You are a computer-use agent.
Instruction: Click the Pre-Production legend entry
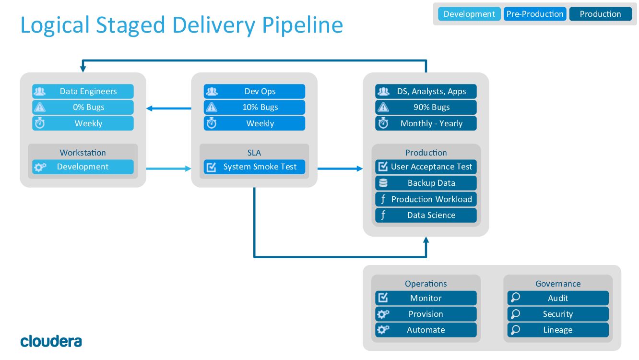coord(535,14)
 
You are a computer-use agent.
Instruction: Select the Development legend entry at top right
coord(469,14)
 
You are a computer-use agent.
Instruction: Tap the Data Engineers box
coord(83,91)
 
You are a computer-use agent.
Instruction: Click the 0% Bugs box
coord(83,107)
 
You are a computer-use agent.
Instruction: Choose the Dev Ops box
coord(254,91)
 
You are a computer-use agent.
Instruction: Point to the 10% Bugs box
coord(254,107)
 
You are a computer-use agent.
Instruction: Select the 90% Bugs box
coord(426,107)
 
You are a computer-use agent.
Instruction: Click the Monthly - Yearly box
coord(426,123)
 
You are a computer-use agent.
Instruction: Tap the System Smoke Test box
coord(254,167)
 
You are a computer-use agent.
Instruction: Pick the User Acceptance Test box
coord(426,167)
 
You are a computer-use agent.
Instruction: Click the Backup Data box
coord(426,183)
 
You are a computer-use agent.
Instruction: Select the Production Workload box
coord(426,199)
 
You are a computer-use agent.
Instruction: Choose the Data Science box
coord(426,215)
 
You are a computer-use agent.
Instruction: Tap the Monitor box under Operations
coord(426,298)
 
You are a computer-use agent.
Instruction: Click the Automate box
coord(426,330)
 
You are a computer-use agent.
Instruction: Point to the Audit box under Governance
coord(558,298)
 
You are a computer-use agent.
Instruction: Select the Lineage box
coord(558,330)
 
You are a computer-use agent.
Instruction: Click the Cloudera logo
coord(51,341)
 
